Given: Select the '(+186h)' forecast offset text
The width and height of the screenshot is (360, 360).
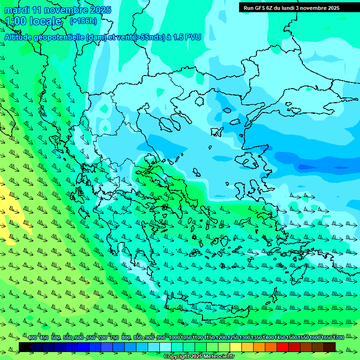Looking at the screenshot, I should pyautogui.click(x=83, y=21).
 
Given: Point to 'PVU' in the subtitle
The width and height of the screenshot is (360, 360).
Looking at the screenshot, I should pyautogui.click(x=193, y=37).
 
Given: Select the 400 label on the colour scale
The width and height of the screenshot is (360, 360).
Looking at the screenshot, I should pyautogui.click(x=32, y=337).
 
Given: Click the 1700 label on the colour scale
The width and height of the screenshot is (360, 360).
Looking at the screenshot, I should pyautogui.click(x=338, y=337).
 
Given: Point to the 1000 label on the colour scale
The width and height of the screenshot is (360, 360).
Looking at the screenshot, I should pyautogui.click(x=174, y=337).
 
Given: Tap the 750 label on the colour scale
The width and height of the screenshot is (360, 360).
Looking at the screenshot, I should pyautogui.click(x=114, y=337).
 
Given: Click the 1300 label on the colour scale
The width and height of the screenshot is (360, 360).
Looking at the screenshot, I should pyautogui.click(x=245, y=337).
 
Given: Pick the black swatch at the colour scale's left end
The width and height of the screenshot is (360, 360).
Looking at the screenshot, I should pyautogui.click(x=25, y=347).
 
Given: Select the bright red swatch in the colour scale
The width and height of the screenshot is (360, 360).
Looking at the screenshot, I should pyautogui.click(x=283, y=347).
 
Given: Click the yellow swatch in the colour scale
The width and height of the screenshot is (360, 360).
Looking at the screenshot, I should pyautogui.click(x=236, y=347).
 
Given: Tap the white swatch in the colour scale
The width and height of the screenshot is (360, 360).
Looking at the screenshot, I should pyautogui.click(x=165, y=347).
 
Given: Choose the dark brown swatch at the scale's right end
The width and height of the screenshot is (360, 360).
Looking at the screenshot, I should pyautogui.click(x=330, y=347).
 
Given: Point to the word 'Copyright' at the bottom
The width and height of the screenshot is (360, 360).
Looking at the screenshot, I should pyautogui.click(x=177, y=357).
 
